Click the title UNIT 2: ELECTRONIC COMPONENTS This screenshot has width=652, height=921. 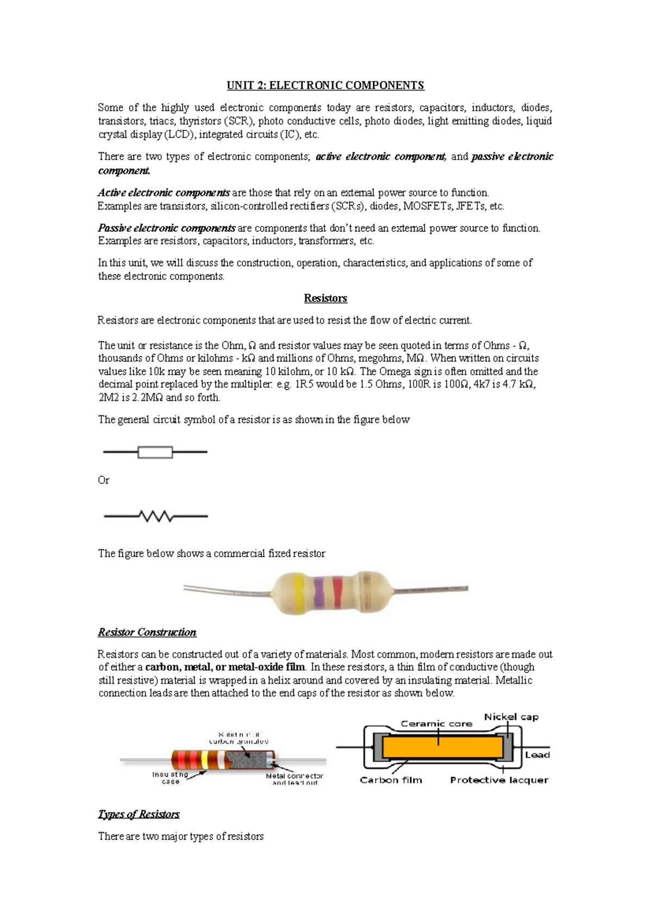325,85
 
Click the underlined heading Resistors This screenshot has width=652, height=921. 325,298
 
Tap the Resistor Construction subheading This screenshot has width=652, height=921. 147,632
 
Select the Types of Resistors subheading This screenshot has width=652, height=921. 139,814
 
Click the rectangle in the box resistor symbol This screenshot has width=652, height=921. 155,452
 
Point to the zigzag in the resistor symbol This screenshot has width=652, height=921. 156,516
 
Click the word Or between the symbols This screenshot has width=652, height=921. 103,480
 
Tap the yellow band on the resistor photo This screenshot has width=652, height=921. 298,589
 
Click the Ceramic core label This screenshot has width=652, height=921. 436,723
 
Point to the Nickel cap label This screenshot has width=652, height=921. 511,717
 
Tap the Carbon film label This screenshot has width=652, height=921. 391,780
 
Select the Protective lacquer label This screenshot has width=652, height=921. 499,780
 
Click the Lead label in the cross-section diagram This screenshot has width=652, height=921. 537,755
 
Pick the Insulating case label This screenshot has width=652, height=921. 170,778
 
